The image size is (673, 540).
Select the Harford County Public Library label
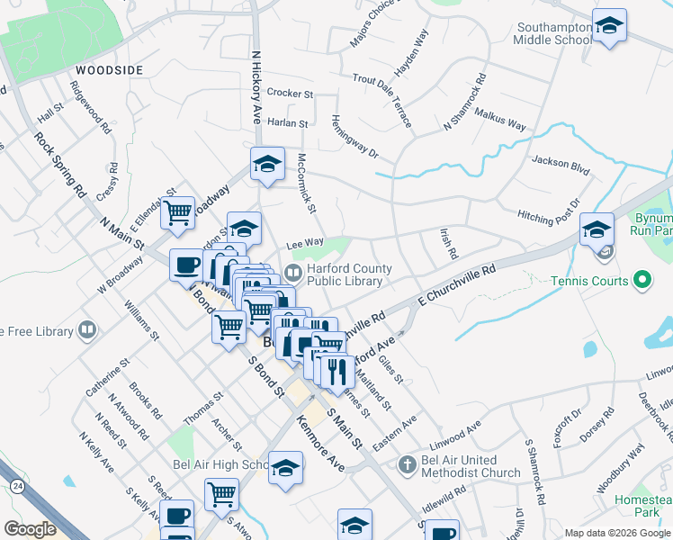pyautogui.click(x=349, y=274)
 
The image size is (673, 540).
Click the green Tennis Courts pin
pyautogui.click(x=642, y=282)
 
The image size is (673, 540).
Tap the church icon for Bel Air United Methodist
pyautogui.click(x=407, y=464)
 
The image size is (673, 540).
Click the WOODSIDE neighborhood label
pyautogui.click(x=109, y=69)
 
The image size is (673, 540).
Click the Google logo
pyautogui.click(x=30, y=528)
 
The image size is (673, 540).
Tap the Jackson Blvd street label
pyautogui.click(x=560, y=165)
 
